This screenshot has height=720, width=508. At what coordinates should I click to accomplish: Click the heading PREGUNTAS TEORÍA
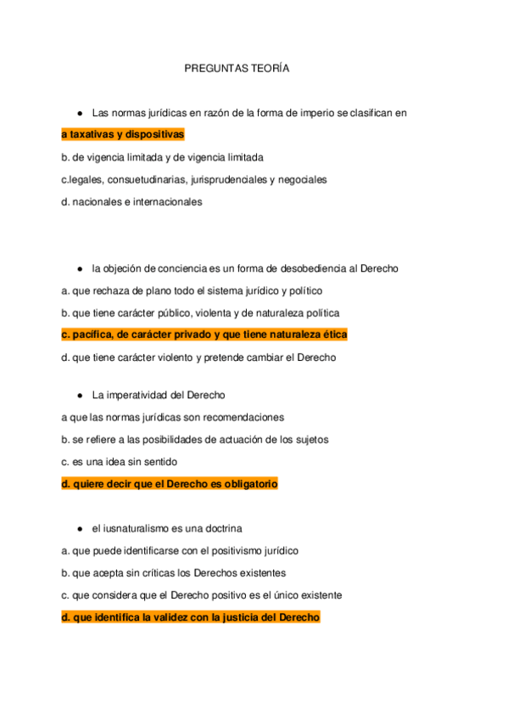point(237,69)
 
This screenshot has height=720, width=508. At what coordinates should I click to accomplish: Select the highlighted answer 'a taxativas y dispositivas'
point(123,135)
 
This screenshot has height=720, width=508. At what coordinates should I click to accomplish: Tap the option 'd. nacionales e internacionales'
point(131,202)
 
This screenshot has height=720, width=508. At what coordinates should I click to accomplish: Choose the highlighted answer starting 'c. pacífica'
point(204,335)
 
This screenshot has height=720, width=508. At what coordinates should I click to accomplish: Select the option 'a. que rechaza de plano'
point(180,291)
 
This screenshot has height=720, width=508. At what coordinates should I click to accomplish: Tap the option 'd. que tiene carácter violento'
point(198,357)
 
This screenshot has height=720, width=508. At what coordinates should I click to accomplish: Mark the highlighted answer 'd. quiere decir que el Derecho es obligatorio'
point(170,484)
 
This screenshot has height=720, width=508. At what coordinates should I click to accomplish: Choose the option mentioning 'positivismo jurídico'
point(180,551)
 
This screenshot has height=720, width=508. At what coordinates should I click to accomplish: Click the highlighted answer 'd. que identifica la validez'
point(191,617)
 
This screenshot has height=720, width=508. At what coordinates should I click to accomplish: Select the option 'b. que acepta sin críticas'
point(173,573)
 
